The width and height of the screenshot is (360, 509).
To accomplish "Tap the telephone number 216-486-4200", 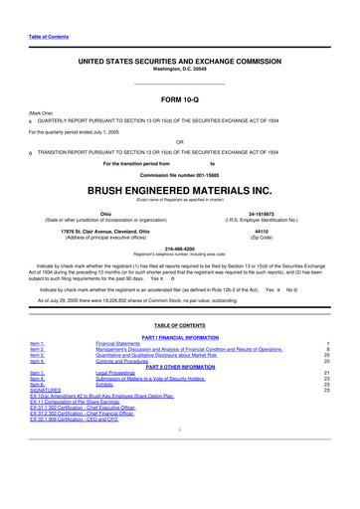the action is [x=180, y=249].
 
